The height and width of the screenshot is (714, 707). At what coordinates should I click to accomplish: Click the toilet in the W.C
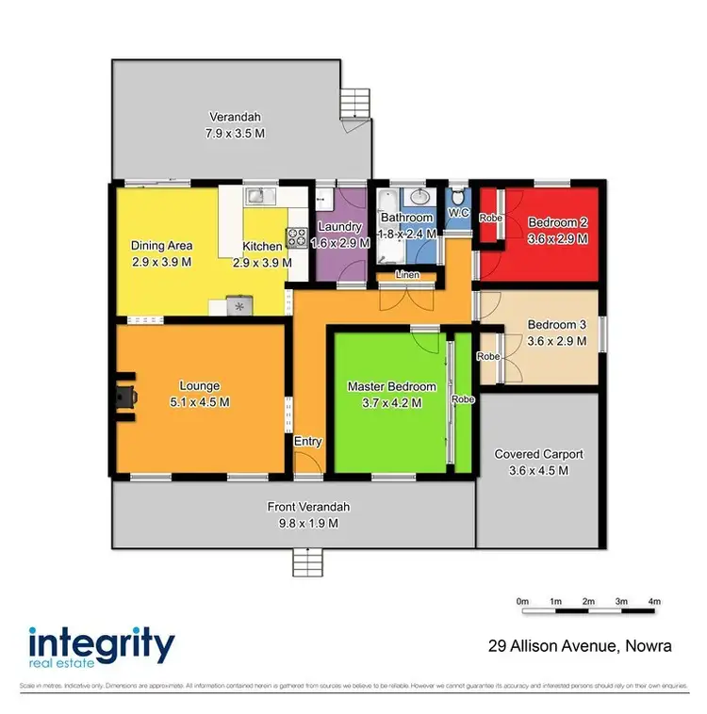point(458,200)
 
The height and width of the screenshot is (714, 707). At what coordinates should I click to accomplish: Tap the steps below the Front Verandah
point(308,563)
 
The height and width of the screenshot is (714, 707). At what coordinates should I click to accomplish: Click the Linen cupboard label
point(407,274)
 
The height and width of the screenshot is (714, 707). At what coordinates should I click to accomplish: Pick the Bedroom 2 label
point(557,222)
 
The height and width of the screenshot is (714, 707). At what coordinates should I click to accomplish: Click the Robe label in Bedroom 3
point(487,357)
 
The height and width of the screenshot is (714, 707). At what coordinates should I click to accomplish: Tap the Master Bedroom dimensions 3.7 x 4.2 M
point(391,402)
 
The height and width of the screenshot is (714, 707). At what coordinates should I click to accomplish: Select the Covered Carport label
point(538,454)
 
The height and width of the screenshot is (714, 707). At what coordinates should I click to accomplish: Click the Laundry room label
point(340,226)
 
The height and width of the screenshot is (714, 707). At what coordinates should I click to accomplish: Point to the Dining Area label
point(161,245)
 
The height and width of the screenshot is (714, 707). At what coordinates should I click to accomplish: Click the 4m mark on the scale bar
point(654,601)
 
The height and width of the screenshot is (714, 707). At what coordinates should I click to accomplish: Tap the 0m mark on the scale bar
point(523,601)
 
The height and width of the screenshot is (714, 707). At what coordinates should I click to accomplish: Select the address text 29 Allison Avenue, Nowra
point(580,646)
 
